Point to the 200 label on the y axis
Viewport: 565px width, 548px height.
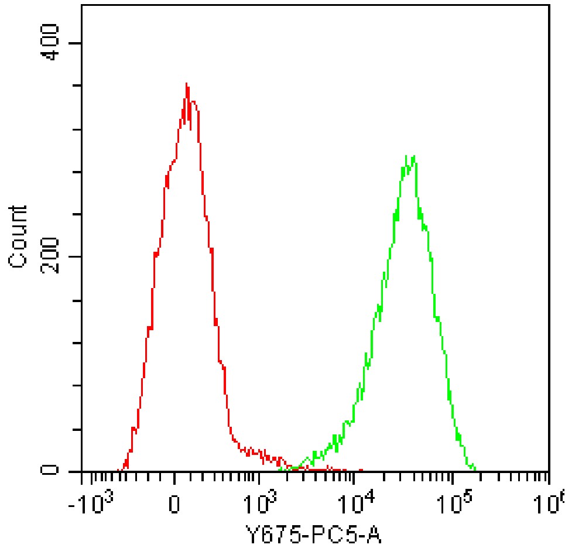pos(53,256)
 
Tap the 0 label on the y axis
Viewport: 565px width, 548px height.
pos(53,470)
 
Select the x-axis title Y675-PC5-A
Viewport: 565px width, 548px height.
pos(316,533)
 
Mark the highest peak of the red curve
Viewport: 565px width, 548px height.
pos(186,84)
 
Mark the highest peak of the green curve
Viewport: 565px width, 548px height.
pos(414,156)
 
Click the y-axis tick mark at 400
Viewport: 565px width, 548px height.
pos(76,43)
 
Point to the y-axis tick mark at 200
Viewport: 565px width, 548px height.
pos(76,256)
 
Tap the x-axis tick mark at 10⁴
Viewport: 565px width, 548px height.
pos(353,477)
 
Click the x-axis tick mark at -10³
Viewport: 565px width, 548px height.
pos(82,477)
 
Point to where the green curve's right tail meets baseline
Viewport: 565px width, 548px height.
pos(475,470)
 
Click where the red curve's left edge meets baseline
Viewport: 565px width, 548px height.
pos(119,470)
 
